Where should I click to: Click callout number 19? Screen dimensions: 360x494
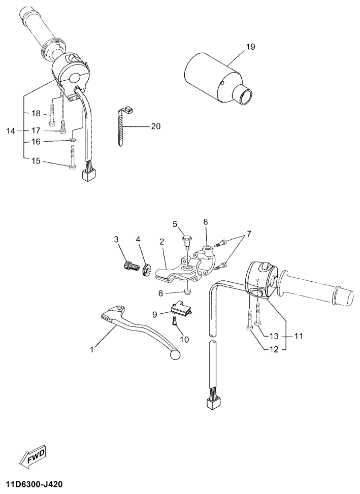click(250, 47)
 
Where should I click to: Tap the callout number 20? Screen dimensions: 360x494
click(156, 126)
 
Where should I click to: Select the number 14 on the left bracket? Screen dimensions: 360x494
click(11, 131)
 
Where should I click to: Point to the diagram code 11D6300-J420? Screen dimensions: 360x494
click(34, 483)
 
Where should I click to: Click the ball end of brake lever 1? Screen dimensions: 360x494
click(174, 355)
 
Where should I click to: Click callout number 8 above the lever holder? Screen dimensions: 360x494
click(206, 222)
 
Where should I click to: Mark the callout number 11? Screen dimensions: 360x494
click(298, 336)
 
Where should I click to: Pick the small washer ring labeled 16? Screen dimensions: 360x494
click(73, 140)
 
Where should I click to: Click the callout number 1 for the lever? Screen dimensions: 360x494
click(92, 349)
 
